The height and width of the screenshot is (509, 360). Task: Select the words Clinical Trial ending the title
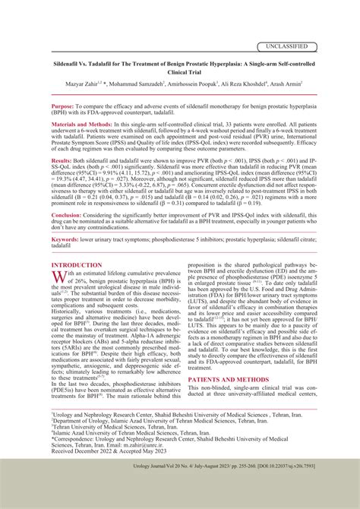pyautogui.click(x=180, y=74)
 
